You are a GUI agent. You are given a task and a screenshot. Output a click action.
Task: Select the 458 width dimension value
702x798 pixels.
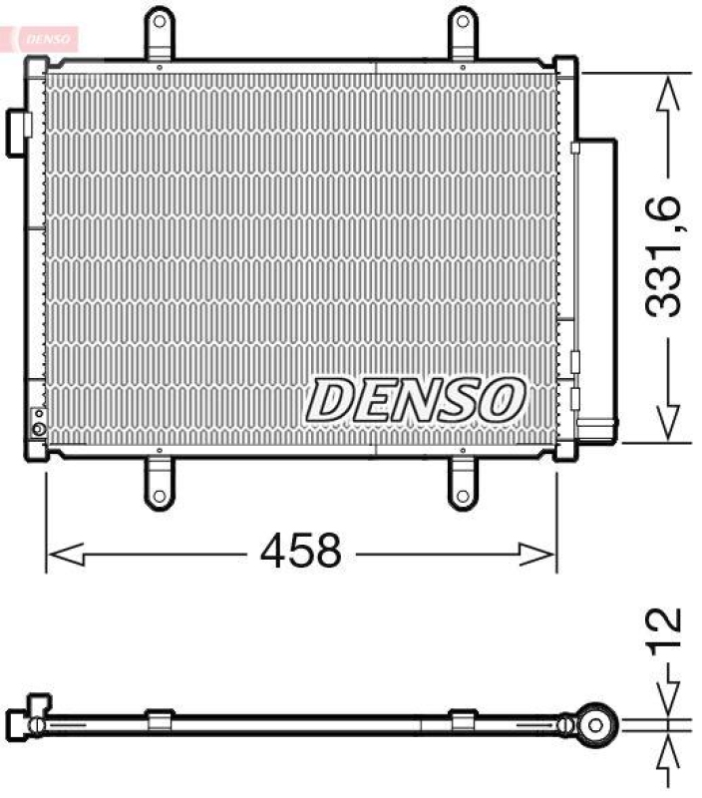pos(300,550)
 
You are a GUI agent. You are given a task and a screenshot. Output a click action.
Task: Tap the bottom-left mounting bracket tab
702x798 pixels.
pos(160,482)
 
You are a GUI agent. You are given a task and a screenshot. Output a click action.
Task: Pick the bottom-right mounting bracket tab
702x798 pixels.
pos(462,482)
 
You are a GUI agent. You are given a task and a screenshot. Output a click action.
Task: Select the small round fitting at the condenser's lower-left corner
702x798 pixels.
pos(38,430)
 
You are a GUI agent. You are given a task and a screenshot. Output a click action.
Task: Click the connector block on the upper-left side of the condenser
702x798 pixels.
pos(20,132)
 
